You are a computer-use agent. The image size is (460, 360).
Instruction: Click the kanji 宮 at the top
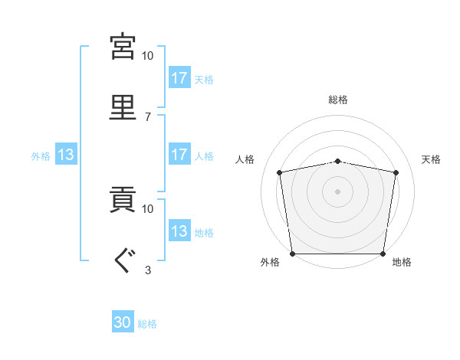(123, 47)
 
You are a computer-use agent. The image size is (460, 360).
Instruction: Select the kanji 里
(123, 107)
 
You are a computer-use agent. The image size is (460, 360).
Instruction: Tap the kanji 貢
(123, 199)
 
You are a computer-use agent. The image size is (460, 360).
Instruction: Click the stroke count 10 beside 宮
(147, 56)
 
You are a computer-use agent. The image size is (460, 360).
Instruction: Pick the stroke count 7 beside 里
(148, 117)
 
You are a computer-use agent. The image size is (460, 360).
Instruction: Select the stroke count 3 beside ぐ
(148, 270)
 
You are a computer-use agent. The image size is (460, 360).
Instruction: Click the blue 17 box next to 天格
(179, 77)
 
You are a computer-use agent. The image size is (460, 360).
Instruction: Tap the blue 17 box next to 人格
(179, 154)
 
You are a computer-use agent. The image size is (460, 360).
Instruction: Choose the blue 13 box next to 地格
(179, 230)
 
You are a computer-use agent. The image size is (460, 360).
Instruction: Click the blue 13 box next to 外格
(66, 154)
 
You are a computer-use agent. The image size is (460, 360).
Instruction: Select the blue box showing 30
(123, 321)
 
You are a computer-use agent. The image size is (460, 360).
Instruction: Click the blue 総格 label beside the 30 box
(147, 324)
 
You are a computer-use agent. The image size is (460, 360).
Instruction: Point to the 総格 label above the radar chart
(338, 100)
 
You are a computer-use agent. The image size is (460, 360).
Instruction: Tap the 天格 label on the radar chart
(431, 159)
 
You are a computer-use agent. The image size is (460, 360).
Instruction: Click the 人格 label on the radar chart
(245, 159)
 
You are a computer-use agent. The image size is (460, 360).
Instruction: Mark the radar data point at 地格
(383, 254)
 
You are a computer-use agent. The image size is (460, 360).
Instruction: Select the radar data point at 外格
(293, 254)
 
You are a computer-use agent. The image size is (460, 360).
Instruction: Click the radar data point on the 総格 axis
(337, 162)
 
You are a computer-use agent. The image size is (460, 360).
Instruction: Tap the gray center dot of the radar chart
(337, 191)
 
